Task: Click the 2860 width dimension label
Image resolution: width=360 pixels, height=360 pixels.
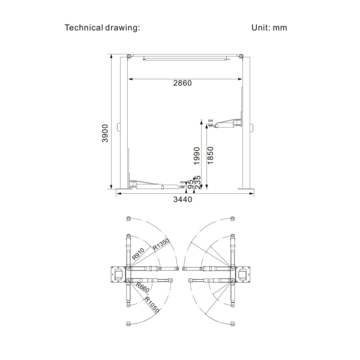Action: (182, 83)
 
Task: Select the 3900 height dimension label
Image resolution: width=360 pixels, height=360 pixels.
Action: (105, 133)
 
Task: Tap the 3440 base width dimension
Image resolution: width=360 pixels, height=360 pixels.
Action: (182, 199)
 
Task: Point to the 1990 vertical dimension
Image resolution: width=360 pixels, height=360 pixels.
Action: (197, 155)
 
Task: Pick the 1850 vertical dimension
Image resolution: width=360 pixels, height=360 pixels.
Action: (211, 155)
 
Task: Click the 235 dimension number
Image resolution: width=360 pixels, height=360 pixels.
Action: (197, 182)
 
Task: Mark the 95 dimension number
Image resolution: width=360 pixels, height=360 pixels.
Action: (190, 184)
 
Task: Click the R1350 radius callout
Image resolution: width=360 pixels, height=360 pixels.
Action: (161, 244)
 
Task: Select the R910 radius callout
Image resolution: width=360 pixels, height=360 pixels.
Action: (138, 254)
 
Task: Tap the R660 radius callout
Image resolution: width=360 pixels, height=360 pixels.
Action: (143, 287)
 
